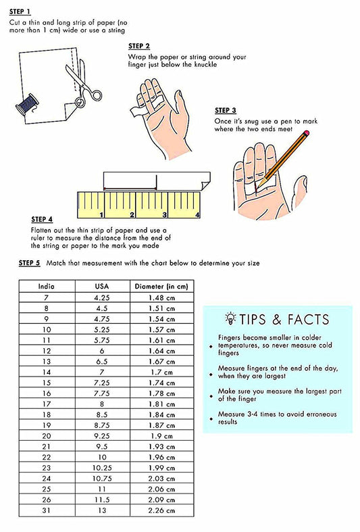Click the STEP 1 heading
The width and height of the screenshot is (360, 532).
pyautogui.click(x=20, y=12)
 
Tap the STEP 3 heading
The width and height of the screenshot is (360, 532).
pyautogui.click(x=226, y=110)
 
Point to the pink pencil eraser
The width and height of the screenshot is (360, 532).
pyautogui.click(x=307, y=133)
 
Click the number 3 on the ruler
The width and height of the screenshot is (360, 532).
pyautogui.click(x=164, y=214)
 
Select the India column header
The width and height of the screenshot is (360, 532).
pyautogui.click(x=46, y=287)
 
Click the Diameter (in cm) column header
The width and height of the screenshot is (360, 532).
pyautogui.click(x=161, y=287)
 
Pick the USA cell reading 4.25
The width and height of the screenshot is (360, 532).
pyautogui.click(x=102, y=297)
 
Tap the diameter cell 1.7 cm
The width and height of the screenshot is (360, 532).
pyautogui.click(x=161, y=372)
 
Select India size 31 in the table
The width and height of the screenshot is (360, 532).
pyautogui.click(x=47, y=510)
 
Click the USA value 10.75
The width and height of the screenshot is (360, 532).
pyautogui.click(x=102, y=479)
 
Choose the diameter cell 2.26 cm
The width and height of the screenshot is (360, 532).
pyautogui.click(x=161, y=510)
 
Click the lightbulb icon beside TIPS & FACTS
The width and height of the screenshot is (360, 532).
pyautogui.click(x=230, y=318)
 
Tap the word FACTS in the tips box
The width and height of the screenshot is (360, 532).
pyautogui.click(x=308, y=319)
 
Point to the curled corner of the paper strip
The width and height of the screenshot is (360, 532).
pyautogui.click(x=206, y=186)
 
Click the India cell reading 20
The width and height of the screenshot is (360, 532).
pyautogui.click(x=47, y=436)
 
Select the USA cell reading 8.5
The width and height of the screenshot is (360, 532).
pyautogui.click(x=102, y=414)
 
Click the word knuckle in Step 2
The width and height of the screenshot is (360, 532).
pyautogui.click(x=205, y=64)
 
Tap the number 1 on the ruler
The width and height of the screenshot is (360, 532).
pyautogui.click(x=101, y=214)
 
